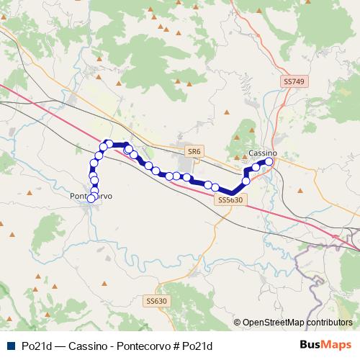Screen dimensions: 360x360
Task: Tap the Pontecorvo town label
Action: coord(91,195)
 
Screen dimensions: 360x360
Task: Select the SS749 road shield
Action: coord(294,82)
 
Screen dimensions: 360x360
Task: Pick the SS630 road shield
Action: coord(156,300)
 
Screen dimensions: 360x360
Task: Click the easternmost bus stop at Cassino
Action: coord(269,162)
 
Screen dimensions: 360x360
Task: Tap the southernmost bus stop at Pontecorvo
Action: coord(91,199)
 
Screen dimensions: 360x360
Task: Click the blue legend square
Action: coord(9,346)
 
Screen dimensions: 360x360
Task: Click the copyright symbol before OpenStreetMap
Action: coord(237,323)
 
